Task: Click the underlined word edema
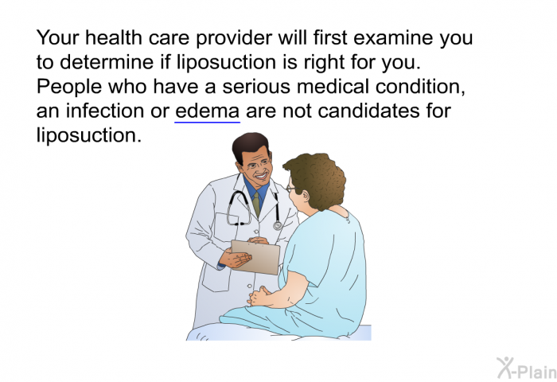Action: point(208,111)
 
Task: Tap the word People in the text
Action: point(69,87)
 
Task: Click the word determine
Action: point(107,62)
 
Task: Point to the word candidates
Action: point(368,111)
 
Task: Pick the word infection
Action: point(105,111)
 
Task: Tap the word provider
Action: point(234,38)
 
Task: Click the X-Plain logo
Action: point(527,368)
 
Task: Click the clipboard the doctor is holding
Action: point(255,257)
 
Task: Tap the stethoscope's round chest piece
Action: point(278,225)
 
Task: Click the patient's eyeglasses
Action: point(290,189)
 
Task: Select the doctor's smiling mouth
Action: point(262,176)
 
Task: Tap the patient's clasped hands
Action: point(259,296)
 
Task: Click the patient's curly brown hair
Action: point(316,179)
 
